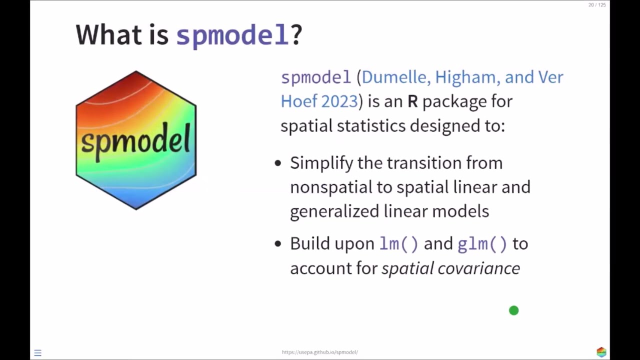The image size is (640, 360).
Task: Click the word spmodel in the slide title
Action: click(x=232, y=35)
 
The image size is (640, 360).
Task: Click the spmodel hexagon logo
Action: click(x=136, y=140)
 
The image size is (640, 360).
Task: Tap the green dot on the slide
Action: click(x=513, y=310)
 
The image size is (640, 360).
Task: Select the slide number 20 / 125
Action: click(x=597, y=5)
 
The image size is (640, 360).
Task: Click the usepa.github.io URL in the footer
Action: click(x=320, y=352)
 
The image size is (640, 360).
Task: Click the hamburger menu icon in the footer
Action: click(x=37, y=353)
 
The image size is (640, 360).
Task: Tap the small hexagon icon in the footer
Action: click(x=601, y=352)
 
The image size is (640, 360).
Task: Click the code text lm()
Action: click(x=398, y=243)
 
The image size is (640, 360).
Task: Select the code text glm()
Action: click(x=482, y=243)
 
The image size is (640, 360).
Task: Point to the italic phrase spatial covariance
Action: click(x=450, y=268)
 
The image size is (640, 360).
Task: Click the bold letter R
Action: click(x=412, y=101)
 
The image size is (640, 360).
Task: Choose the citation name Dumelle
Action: click(x=395, y=77)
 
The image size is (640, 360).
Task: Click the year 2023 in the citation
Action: click(x=339, y=101)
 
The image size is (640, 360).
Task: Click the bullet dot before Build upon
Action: click(x=278, y=244)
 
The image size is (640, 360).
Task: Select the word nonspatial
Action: click(x=331, y=187)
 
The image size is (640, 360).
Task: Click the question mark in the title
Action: click(x=296, y=35)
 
